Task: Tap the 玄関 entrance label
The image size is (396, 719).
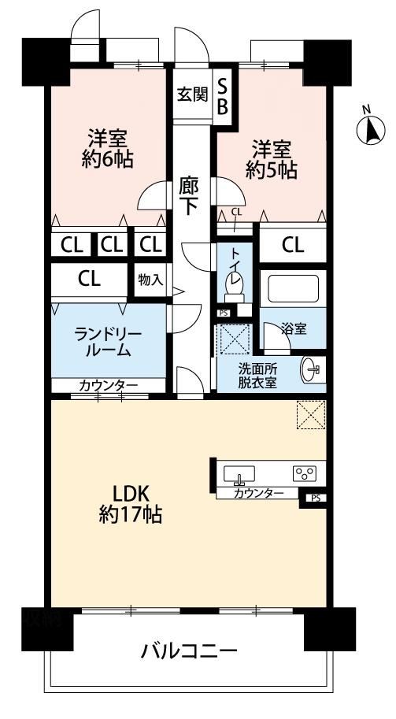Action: tap(193, 95)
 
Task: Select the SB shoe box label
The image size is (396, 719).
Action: tap(223, 96)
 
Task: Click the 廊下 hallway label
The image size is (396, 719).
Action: tap(188, 197)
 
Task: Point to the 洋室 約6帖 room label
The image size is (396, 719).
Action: tap(108, 148)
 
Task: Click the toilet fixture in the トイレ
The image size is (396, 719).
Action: tap(234, 290)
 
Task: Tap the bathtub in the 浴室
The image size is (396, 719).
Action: tap(294, 288)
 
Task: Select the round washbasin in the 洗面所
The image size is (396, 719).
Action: tap(312, 369)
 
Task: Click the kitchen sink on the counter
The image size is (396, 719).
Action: tap(239, 474)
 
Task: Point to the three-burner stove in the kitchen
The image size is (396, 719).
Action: tap(305, 473)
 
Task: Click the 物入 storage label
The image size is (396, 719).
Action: tap(150, 280)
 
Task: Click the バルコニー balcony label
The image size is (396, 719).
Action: tap(189, 650)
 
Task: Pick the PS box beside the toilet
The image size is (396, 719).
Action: tap(224, 313)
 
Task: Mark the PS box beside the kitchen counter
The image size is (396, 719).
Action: tap(314, 498)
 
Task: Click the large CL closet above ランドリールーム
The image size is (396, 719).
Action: tap(89, 278)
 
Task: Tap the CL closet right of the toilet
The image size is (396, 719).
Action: tap(293, 246)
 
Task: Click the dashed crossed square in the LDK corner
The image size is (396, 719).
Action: tap(311, 415)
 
